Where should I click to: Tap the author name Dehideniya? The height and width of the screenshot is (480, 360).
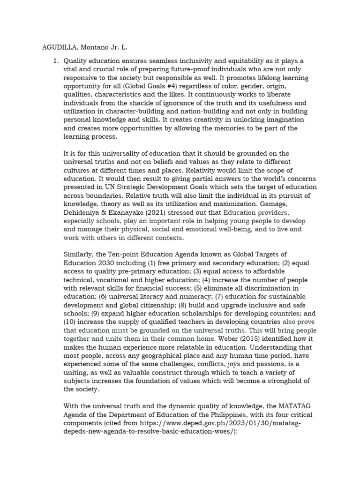84,204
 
